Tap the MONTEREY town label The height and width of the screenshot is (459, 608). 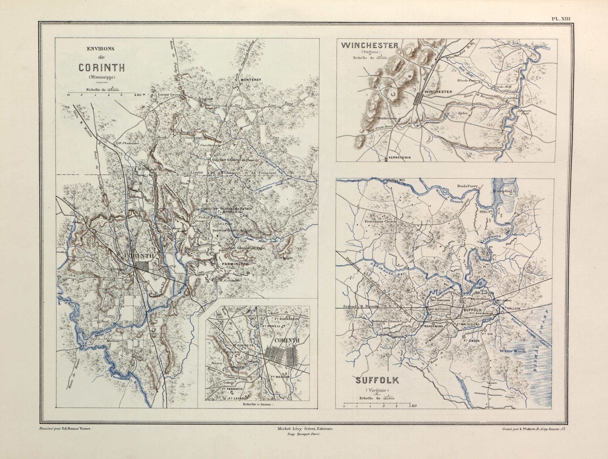pos(251,80)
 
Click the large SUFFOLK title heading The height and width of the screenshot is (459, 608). pos(377,380)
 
